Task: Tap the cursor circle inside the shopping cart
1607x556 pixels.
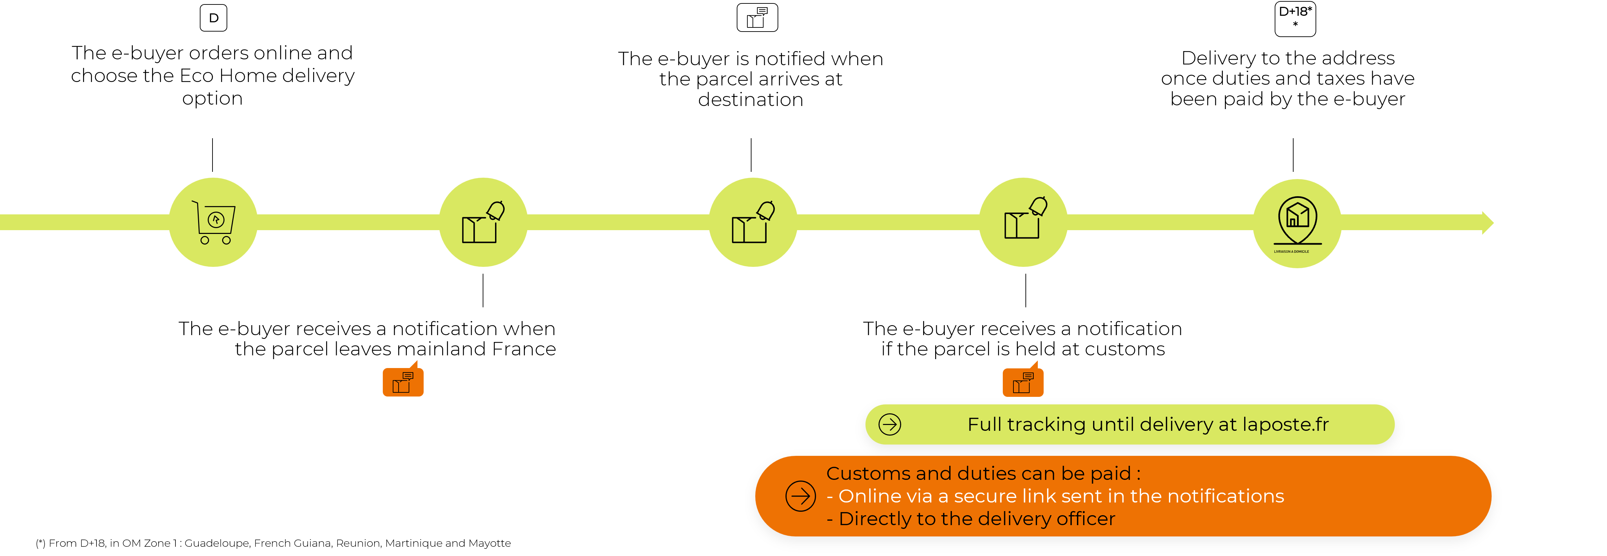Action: coord(216,220)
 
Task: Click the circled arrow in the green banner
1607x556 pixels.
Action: coord(889,425)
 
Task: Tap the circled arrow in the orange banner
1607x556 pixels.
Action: coord(800,496)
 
